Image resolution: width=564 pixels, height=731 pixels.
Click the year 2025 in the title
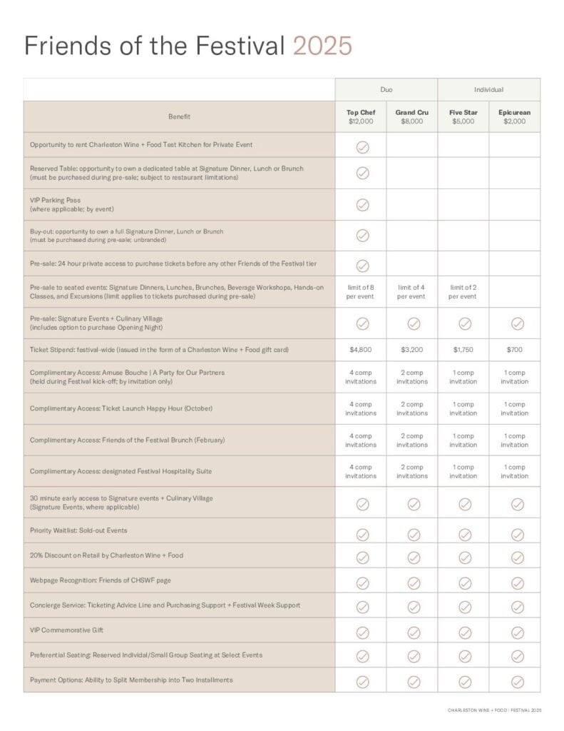point(322,46)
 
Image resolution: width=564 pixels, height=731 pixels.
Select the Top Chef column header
point(361,116)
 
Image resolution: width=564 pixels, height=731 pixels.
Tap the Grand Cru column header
point(412,116)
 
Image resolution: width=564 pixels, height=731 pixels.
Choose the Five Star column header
point(463,116)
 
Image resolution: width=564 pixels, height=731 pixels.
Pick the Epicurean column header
point(515,116)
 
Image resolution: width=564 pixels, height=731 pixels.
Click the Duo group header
point(386,90)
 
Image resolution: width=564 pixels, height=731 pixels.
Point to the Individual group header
point(489,90)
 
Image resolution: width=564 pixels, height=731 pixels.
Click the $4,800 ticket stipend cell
point(361,350)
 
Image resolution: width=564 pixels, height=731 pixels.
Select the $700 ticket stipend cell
point(515,350)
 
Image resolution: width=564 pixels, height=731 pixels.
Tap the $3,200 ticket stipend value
point(412,350)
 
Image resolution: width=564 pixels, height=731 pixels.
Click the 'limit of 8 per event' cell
point(361,291)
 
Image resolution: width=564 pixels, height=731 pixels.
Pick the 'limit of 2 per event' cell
point(463,291)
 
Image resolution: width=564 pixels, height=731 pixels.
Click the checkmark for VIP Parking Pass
point(362,204)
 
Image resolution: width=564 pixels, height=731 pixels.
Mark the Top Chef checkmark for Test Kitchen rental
point(362,147)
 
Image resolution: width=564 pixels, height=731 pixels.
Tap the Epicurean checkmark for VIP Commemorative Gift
point(518,632)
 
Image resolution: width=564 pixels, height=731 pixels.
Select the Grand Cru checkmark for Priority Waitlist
point(414,534)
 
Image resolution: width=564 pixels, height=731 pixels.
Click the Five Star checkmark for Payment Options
point(465,681)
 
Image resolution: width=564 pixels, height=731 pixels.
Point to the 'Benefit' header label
point(179,116)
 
